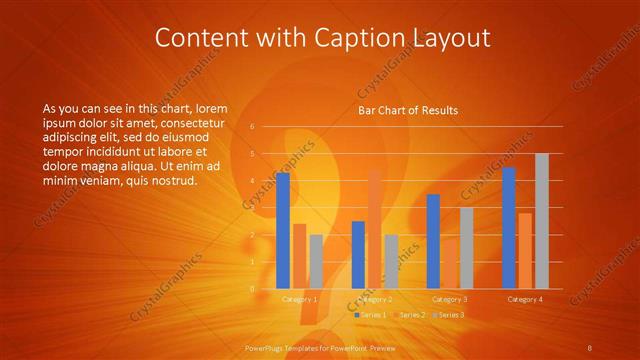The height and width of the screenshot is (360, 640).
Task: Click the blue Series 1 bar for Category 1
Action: tap(283, 231)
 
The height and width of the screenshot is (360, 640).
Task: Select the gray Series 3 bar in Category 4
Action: tap(542, 221)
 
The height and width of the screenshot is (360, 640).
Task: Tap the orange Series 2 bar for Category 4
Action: tap(525, 251)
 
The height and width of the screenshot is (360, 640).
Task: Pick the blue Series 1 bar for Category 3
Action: tap(433, 241)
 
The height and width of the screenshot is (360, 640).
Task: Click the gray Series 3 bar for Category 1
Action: tap(316, 262)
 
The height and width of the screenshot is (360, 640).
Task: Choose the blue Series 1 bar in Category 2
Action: tap(358, 255)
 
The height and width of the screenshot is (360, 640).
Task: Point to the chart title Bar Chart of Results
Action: tap(408, 111)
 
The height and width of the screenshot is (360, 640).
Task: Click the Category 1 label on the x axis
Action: tap(300, 299)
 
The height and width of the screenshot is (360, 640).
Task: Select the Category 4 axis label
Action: tap(525, 299)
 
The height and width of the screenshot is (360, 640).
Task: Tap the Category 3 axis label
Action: tap(450, 299)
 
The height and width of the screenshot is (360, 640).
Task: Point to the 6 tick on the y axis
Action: tap(252, 127)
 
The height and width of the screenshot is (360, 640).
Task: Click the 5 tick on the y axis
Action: tap(252, 154)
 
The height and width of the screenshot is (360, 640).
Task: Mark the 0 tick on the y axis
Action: tap(252, 289)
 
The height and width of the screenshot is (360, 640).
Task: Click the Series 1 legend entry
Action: tap(372, 315)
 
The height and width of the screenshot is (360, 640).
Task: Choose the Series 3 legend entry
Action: tap(449, 315)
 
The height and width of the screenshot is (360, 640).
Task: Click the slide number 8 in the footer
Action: tap(590, 347)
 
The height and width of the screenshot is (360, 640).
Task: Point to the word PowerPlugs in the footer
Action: tap(264, 347)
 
